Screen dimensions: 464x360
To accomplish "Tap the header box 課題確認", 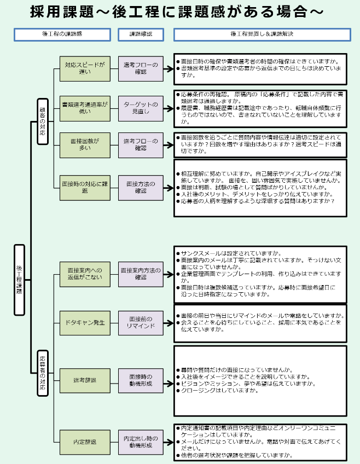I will coord(141,34).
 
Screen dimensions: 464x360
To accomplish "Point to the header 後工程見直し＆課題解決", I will coord(260,34).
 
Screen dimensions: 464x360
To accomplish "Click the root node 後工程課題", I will coord(19,280).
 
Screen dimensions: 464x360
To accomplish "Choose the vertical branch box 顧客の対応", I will coord(43,121).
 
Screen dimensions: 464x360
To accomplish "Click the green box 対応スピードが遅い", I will coord(85,68).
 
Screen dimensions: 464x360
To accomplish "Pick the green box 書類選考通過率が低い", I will coord(85,107).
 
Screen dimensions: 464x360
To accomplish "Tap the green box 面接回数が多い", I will coord(85,144).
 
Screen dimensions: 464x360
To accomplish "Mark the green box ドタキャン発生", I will coord(85,322).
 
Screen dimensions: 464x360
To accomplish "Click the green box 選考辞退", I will coord(85,379).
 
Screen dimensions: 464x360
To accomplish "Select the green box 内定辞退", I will coord(85,442).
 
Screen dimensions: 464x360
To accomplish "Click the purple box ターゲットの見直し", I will coord(141,107).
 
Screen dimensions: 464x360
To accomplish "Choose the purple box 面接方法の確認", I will coord(141,187).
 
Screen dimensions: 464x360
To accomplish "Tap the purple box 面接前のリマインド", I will coord(141,322).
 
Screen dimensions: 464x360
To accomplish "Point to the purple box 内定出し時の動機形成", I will coord(141,442).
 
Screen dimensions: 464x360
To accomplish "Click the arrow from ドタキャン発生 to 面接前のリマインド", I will coord(114,322).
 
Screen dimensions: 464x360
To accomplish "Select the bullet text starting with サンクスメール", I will coord(230,253).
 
